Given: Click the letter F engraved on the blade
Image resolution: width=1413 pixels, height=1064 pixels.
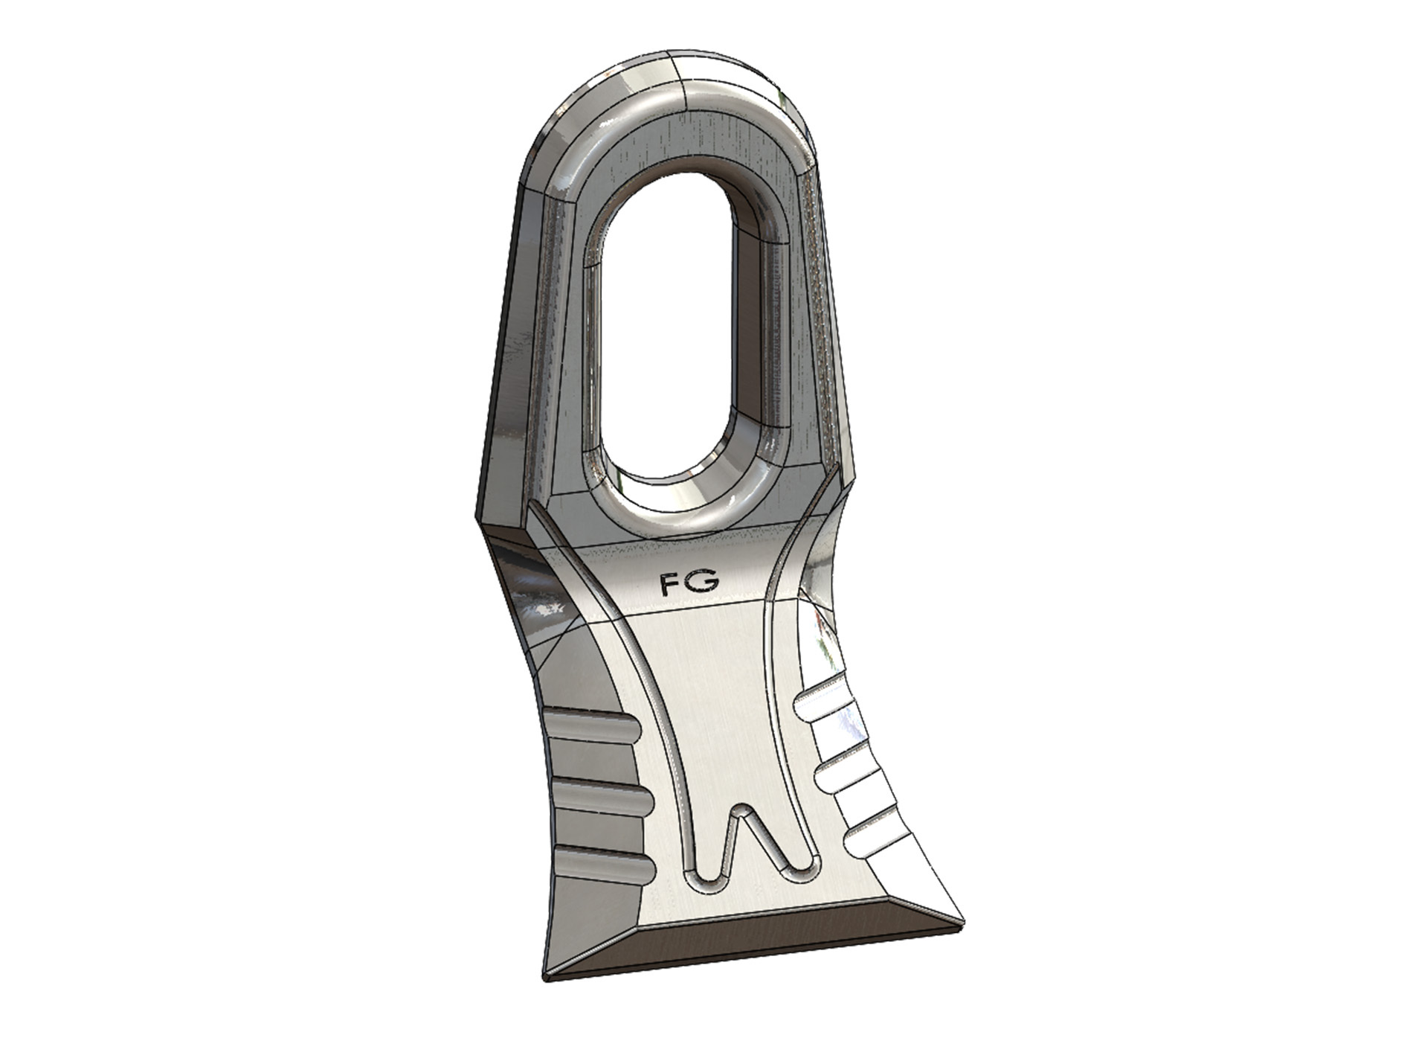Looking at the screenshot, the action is pyautogui.click(x=670, y=583).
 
